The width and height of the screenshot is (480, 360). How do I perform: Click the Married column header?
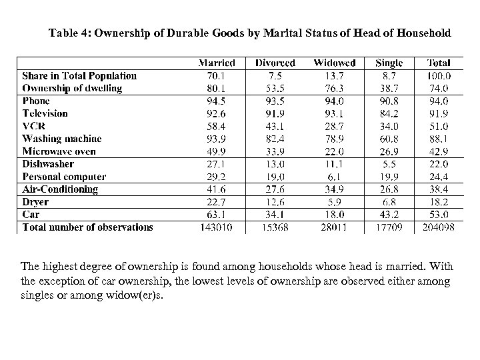click(x=217, y=63)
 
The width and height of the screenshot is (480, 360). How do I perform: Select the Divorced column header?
click(x=275, y=63)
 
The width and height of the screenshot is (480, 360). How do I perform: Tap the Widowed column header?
click(x=335, y=63)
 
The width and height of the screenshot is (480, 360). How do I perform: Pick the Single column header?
click(x=389, y=63)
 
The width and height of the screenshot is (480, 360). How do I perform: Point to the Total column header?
click(x=439, y=63)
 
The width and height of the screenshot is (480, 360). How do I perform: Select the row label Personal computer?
click(x=64, y=177)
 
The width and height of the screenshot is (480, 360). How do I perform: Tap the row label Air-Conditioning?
click(x=60, y=189)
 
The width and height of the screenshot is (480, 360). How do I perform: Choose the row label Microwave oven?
click(x=59, y=151)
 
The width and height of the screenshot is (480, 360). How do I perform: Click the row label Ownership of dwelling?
click(x=72, y=88)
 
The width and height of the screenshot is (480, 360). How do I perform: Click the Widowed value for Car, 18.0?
click(x=335, y=215)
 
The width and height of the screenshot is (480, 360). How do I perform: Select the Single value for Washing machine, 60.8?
click(x=389, y=139)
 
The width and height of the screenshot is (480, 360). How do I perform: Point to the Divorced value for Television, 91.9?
click(x=275, y=113)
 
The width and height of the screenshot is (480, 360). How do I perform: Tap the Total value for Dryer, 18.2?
click(x=439, y=202)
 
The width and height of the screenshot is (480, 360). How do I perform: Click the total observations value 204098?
click(x=439, y=227)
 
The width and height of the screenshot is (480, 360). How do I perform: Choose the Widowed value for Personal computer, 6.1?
click(x=335, y=177)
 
